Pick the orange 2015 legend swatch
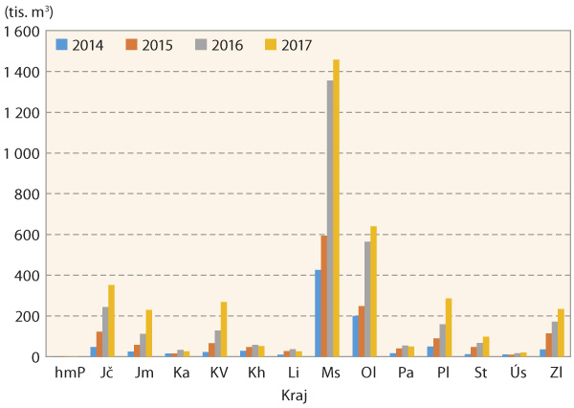(x=132, y=44)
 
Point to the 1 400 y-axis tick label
(x=22, y=72)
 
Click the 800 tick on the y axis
(x=30, y=194)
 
